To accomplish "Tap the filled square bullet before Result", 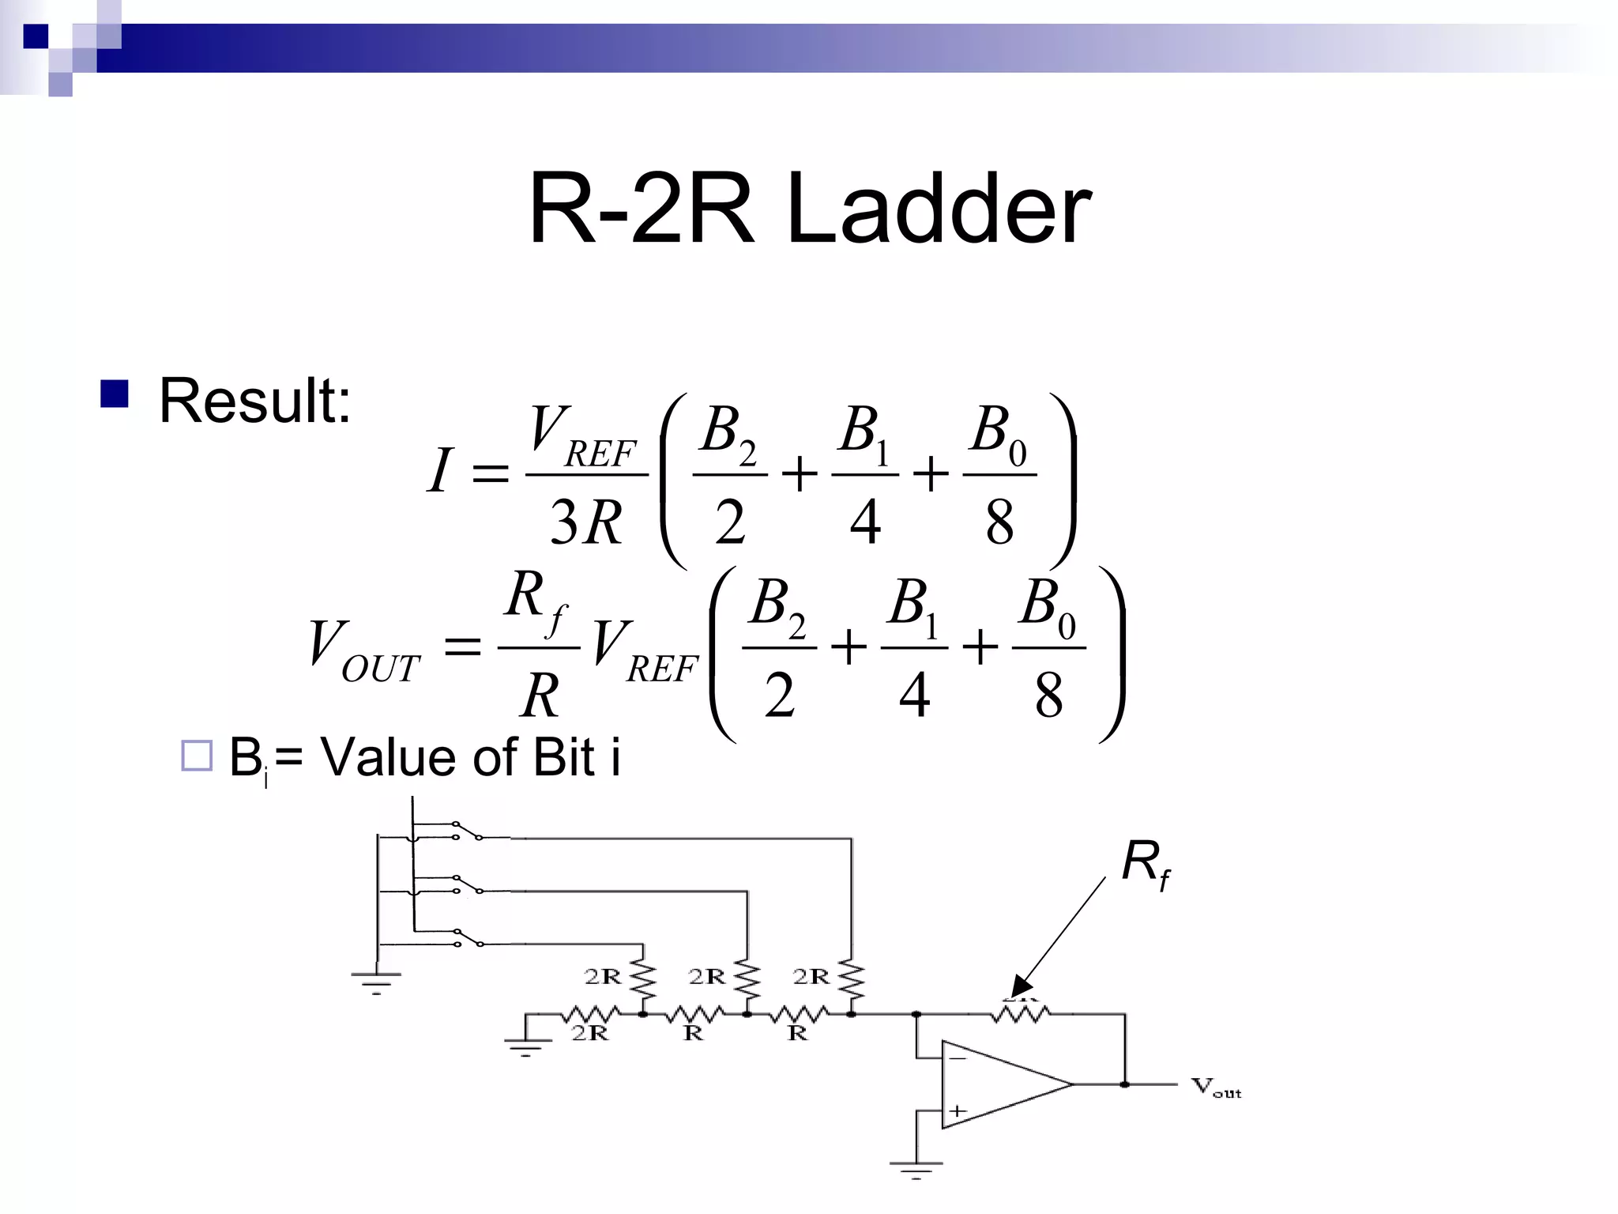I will pos(115,394).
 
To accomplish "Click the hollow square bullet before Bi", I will pos(197,756).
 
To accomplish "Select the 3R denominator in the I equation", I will pos(585,522).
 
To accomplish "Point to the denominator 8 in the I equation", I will pos(999,522).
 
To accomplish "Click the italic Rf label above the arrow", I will pos(1146,863).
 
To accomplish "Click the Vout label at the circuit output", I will pos(1216,1088).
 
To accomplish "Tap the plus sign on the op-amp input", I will pos(958,1110).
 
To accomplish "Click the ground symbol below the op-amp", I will pos(916,1167).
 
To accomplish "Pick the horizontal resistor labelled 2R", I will pos(591,1014).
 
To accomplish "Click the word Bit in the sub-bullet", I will pos(563,757).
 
